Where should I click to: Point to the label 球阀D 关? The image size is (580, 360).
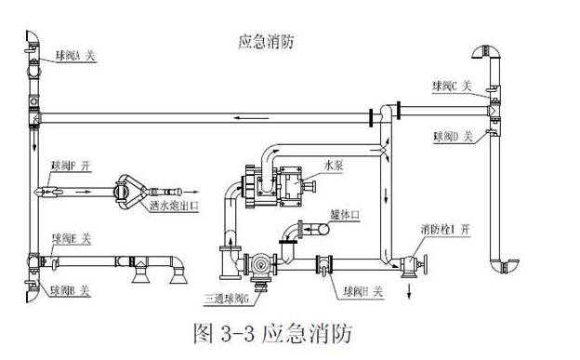click(452, 136)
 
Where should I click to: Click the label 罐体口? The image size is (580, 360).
click(345, 215)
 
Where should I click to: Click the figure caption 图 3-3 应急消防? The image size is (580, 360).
click(271, 333)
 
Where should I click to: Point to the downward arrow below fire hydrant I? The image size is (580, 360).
click(409, 289)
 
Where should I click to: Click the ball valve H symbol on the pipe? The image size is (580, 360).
click(325, 264)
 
